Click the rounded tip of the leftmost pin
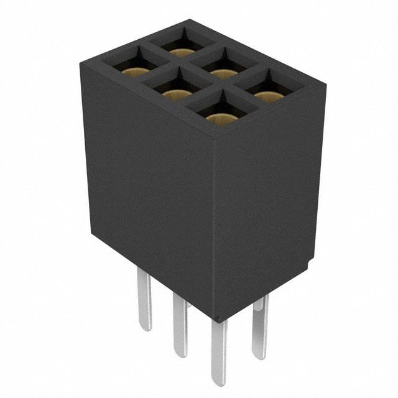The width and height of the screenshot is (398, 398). pyautogui.click(x=144, y=327)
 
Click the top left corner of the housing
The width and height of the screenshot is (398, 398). pyautogui.click(x=85, y=64)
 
